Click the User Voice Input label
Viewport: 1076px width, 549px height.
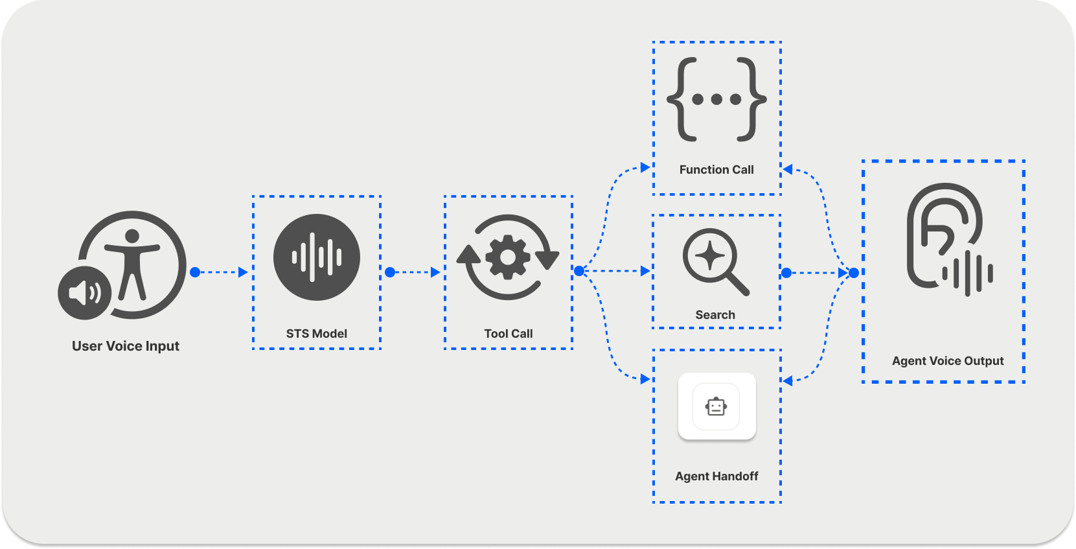coord(126,346)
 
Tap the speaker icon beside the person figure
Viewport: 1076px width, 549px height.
coord(85,293)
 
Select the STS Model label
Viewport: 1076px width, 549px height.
coord(317,334)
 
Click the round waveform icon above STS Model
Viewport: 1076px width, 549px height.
coord(317,257)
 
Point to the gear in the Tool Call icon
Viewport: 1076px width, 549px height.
coord(508,257)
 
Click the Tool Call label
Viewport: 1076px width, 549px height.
coord(509,334)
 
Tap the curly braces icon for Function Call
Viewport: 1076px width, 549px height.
coord(716,99)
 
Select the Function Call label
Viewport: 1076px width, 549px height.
coord(716,170)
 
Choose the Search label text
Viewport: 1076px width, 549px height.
coord(715,315)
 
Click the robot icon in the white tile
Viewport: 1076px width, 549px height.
coord(716,407)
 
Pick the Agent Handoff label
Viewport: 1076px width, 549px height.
coord(716,476)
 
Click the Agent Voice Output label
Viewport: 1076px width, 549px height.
coord(948,361)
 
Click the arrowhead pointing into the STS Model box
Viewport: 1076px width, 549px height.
coord(243,272)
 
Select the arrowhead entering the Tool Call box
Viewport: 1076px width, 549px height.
coord(435,272)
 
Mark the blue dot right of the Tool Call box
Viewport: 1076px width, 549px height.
coord(579,271)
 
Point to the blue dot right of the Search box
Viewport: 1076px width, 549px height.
coord(786,273)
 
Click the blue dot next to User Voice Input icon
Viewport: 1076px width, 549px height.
coord(195,272)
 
